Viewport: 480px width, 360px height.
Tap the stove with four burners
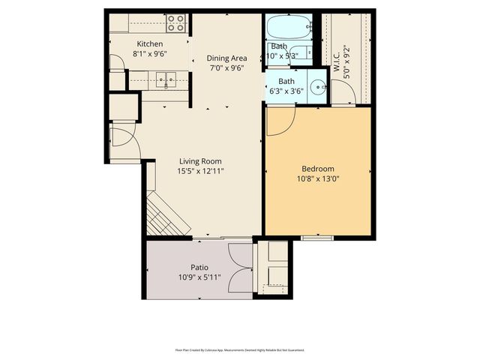pyautogui.click(x=175, y=22)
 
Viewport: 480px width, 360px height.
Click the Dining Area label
pyautogui.click(x=226, y=58)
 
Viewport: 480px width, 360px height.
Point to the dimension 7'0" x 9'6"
pyautogui.click(x=226, y=67)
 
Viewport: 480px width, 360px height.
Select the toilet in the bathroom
pyautogui.click(x=301, y=53)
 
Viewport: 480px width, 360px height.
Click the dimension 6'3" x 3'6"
pyautogui.click(x=286, y=91)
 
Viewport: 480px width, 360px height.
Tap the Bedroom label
pyautogui.click(x=318, y=169)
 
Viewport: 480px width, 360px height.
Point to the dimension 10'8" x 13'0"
pyautogui.click(x=318, y=178)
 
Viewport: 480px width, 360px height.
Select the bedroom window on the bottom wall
pyautogui.click(x=318, y=237)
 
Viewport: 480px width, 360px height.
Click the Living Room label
pyautogui.click(x=200, y=160)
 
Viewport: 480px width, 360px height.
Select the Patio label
pyautogui.click(x=199, y=268)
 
